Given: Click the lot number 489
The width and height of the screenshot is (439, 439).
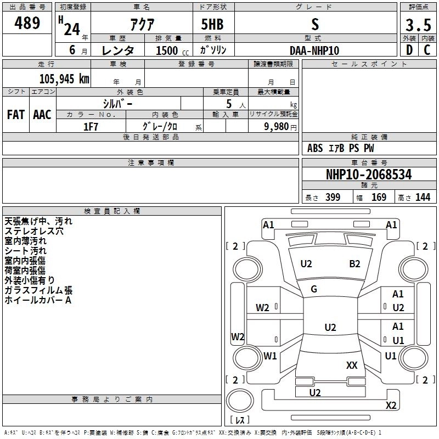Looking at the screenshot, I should [x=28, y=23].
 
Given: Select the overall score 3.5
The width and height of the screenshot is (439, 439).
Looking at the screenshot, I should [x=418, y=25].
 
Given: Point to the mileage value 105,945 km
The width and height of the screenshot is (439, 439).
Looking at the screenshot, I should [x=64, y=78].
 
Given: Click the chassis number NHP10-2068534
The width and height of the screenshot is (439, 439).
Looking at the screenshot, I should [x=369, y=175].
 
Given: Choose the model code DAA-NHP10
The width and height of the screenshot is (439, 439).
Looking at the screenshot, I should [x=314, y=50].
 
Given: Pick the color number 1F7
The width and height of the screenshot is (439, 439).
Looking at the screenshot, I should [x=91, y=127].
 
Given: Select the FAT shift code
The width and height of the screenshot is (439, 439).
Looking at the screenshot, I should [x=16, y=115].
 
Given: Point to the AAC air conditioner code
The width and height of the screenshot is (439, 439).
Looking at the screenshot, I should [x=42, y=115].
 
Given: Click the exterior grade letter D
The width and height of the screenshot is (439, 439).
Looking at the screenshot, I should [x=409, y=50].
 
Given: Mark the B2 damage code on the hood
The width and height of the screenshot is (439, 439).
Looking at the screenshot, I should [x=354, y=264].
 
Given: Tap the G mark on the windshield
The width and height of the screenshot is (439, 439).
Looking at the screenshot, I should [x=314, y=289].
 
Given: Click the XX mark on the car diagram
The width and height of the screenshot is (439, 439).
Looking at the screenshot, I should [x=352, y=365].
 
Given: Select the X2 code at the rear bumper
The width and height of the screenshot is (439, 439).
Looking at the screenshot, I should [x=391, y=406].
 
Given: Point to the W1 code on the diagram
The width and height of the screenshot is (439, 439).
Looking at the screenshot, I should [x=270, y=356].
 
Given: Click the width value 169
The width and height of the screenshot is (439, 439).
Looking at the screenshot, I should [x=379, y=198].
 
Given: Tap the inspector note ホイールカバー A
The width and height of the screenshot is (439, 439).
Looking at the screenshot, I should [x=38, y=300].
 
